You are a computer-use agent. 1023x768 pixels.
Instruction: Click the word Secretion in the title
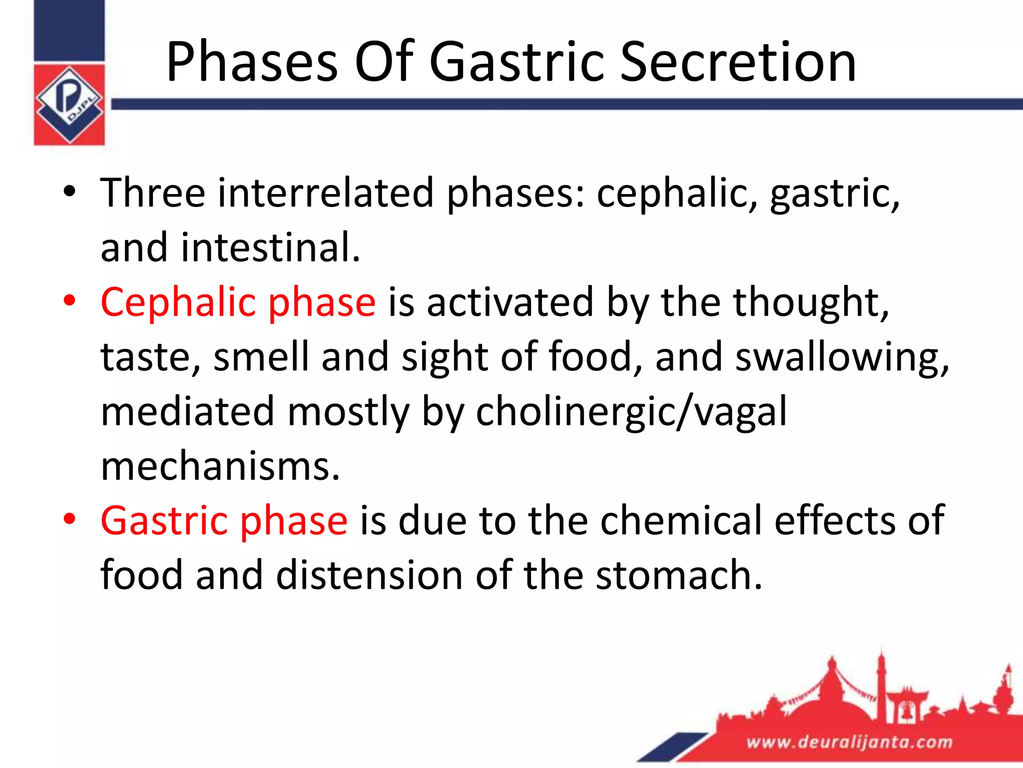pos(738,62)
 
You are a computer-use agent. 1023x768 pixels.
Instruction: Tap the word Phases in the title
pos(252,62)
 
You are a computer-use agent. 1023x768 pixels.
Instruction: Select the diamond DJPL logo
pos(69,104)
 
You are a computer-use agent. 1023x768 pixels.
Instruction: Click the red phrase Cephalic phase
pos(238,302)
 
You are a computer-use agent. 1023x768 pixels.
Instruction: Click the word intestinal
pos(270,247)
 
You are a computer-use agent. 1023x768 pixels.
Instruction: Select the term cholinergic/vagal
pos(631,411)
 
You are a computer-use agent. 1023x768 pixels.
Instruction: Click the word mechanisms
pos(220,466)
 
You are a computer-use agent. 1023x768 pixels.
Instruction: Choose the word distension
pos(369,575)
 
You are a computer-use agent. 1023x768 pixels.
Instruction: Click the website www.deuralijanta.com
pos(849,742)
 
